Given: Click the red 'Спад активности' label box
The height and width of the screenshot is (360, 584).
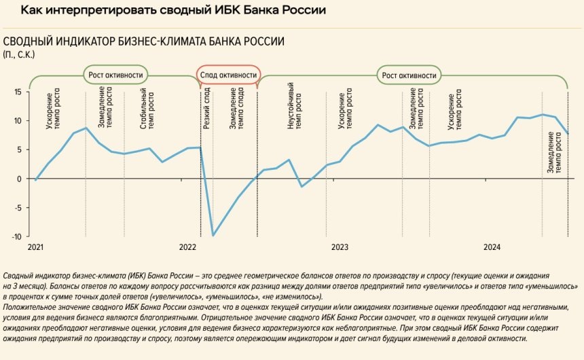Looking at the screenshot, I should click(227, 75).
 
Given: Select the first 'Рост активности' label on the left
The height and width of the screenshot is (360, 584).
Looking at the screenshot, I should click(116, 75).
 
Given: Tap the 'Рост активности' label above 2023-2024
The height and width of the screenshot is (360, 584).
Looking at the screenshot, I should click(410, 75).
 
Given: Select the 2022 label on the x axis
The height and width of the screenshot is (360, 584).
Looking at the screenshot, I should click(187, 247).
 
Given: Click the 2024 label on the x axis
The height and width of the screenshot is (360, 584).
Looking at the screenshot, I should click(492, 247).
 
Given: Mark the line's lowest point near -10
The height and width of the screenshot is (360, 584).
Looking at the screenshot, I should click(213, 236).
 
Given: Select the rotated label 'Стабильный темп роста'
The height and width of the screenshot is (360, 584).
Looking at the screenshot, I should click(147, 109).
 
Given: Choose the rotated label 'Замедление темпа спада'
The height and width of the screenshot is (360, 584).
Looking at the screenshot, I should click(237, 109).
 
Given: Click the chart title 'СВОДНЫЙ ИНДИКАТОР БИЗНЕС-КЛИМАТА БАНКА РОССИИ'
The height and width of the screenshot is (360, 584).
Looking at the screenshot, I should click(143, 41).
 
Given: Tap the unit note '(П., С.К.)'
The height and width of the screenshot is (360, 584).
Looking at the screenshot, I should click(19, 54).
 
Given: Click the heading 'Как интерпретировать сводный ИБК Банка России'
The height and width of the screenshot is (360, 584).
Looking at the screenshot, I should click(173, 11).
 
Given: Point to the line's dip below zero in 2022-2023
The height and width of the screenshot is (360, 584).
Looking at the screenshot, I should click(302, 186).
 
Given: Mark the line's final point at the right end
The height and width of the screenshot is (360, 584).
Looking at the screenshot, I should click(568, 133).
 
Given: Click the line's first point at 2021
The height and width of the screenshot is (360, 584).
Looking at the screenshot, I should click(35, 180).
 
